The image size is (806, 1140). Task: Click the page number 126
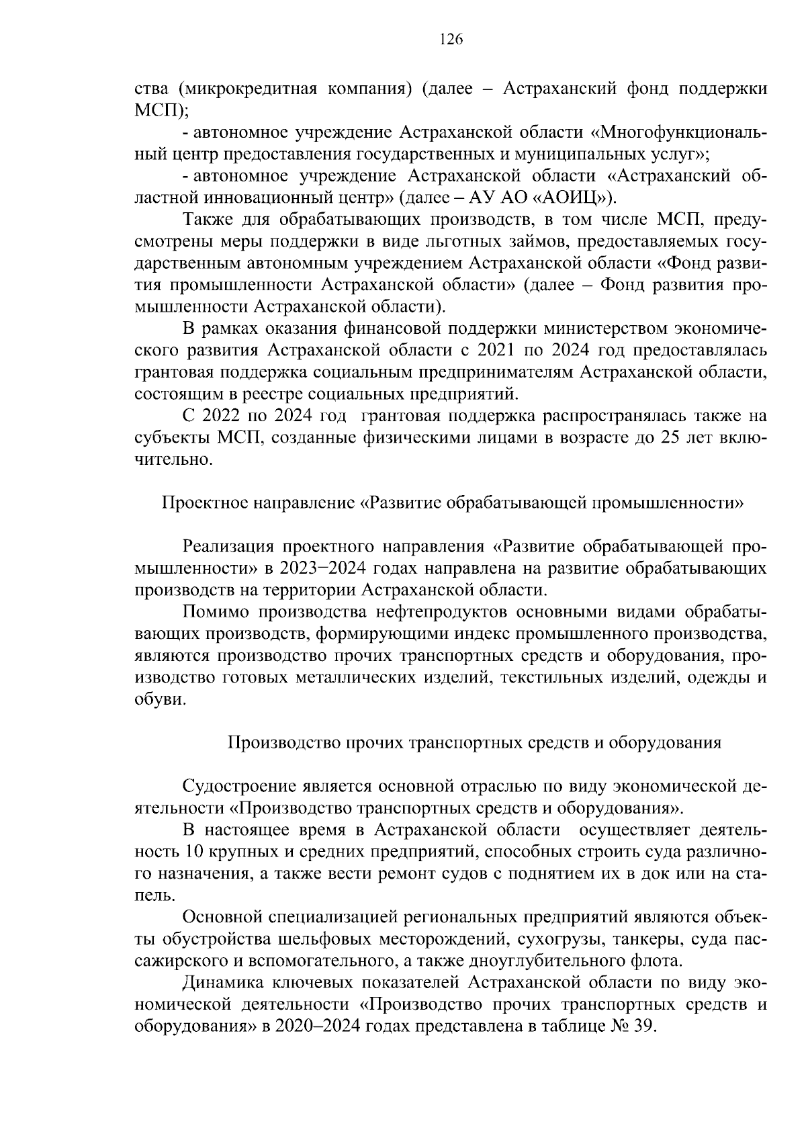451,40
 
